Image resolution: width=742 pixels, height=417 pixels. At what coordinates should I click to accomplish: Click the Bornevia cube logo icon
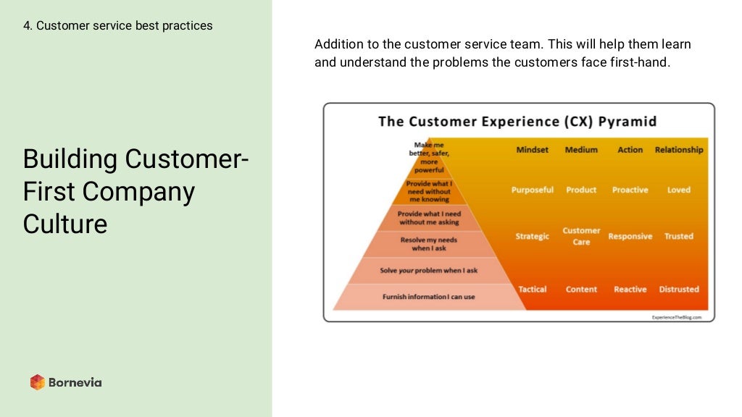38,382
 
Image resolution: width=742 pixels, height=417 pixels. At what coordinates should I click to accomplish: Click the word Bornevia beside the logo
75,382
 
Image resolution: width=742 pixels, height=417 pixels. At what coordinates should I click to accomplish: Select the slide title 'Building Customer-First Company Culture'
136,191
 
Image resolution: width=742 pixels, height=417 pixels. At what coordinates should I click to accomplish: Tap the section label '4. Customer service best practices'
118,25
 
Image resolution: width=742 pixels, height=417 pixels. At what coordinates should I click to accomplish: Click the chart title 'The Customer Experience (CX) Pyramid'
517,122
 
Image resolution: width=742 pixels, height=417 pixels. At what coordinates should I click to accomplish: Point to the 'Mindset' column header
532,150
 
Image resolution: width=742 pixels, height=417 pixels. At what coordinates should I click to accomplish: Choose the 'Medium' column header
581,150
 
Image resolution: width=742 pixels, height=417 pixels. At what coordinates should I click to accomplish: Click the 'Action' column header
630,150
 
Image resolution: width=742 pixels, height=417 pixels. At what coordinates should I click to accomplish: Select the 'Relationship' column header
679,150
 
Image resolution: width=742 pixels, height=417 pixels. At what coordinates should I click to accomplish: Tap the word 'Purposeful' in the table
532,190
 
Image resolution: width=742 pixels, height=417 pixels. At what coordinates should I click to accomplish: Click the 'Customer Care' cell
581,236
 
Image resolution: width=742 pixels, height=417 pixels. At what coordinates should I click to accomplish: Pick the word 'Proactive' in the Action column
630,190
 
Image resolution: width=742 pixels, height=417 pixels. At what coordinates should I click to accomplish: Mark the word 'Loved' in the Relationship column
679,190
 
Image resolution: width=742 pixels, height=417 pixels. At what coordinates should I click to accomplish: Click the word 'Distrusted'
679,289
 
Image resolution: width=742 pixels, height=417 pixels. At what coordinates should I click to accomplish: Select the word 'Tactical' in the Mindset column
532,289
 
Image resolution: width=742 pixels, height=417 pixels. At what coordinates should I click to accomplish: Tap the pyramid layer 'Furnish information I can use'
428,297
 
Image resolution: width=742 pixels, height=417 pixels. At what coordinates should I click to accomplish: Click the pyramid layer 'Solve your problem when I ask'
428,270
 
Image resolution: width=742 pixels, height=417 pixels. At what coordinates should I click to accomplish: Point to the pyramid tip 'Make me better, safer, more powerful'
430,157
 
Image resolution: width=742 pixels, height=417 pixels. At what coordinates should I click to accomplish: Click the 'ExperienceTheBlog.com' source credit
676,317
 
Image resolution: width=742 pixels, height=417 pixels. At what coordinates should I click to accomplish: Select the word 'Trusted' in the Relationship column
679,236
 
